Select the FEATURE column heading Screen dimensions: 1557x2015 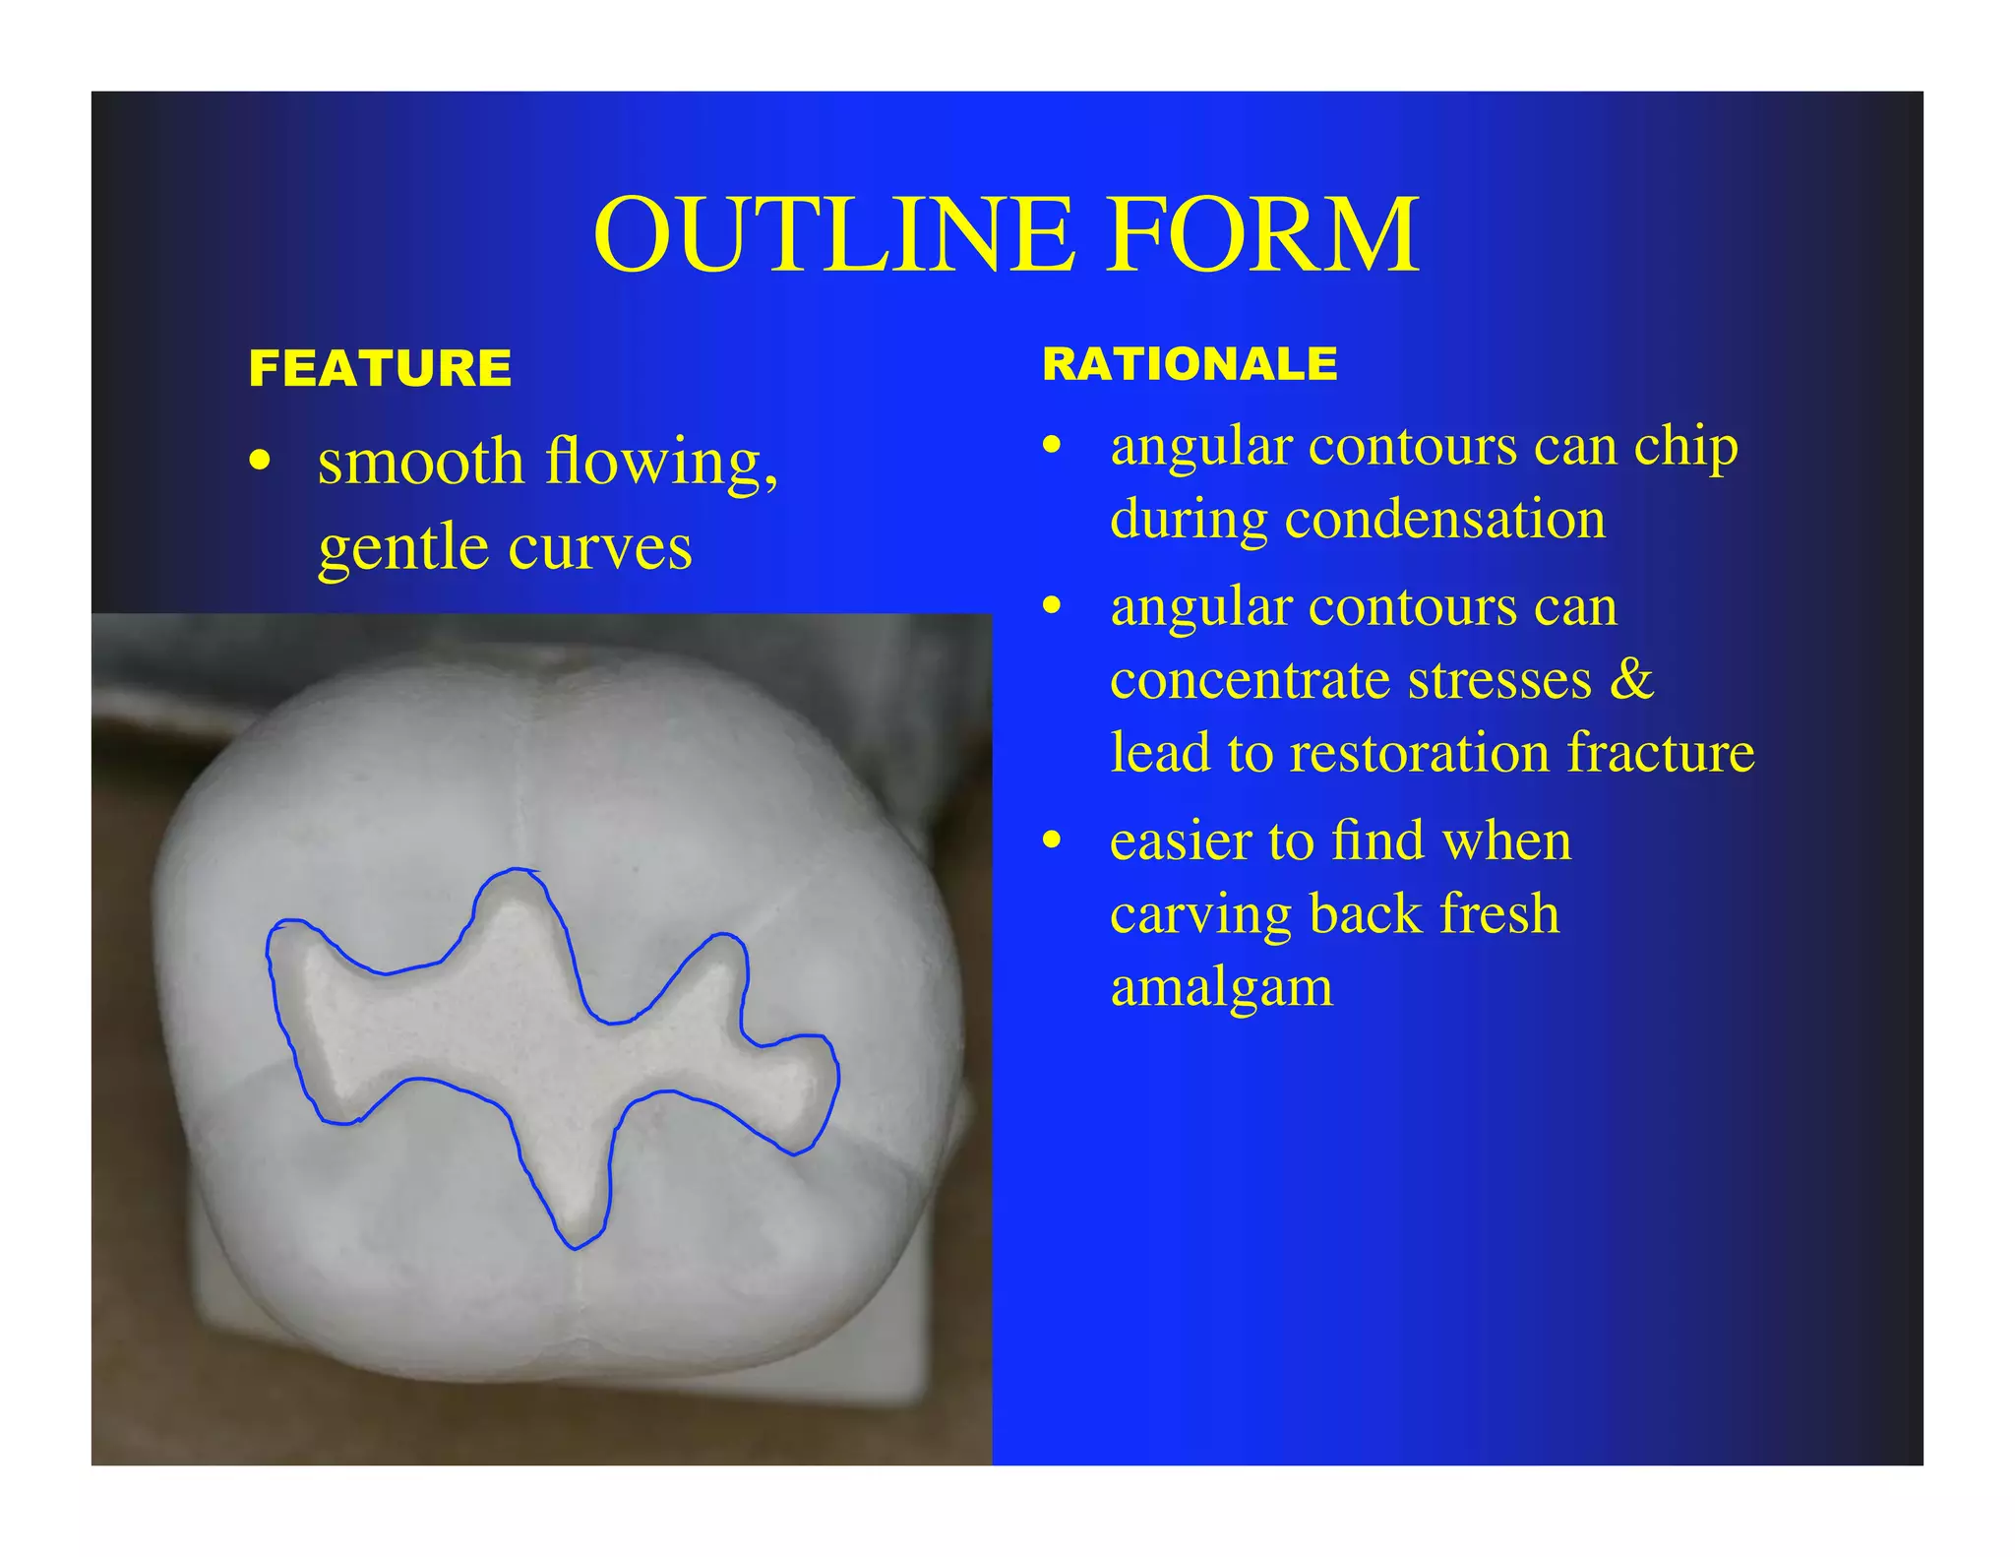pyautogui.click(x=380, y=368)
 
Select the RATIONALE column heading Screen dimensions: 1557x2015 pyautogui.click(x=1190, y=364)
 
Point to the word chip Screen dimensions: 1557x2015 pyautogui.click(x=1685, y=448)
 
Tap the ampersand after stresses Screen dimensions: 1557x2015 pyautogui.click(x=1631, y=679)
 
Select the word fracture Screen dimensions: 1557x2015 pyautogui.click(x=1661, y=752)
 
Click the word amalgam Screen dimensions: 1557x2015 pyautogui.click(x=1221, y=987)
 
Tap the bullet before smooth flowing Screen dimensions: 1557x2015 pyautogui.click(x=260, y=461)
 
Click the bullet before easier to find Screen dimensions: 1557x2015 pyautogui.click(x=1052, y=841)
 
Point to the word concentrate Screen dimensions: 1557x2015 pyautogui.click(x=1250, y=679)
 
